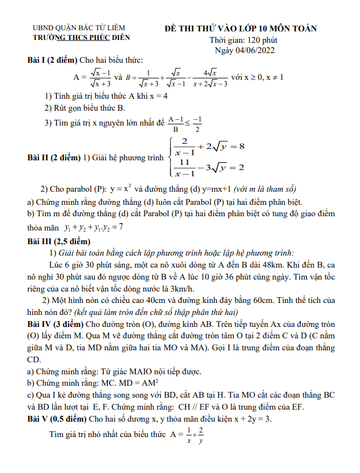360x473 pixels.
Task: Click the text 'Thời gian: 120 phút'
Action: (242, 39)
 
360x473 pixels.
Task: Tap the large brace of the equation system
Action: (169, 157)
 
